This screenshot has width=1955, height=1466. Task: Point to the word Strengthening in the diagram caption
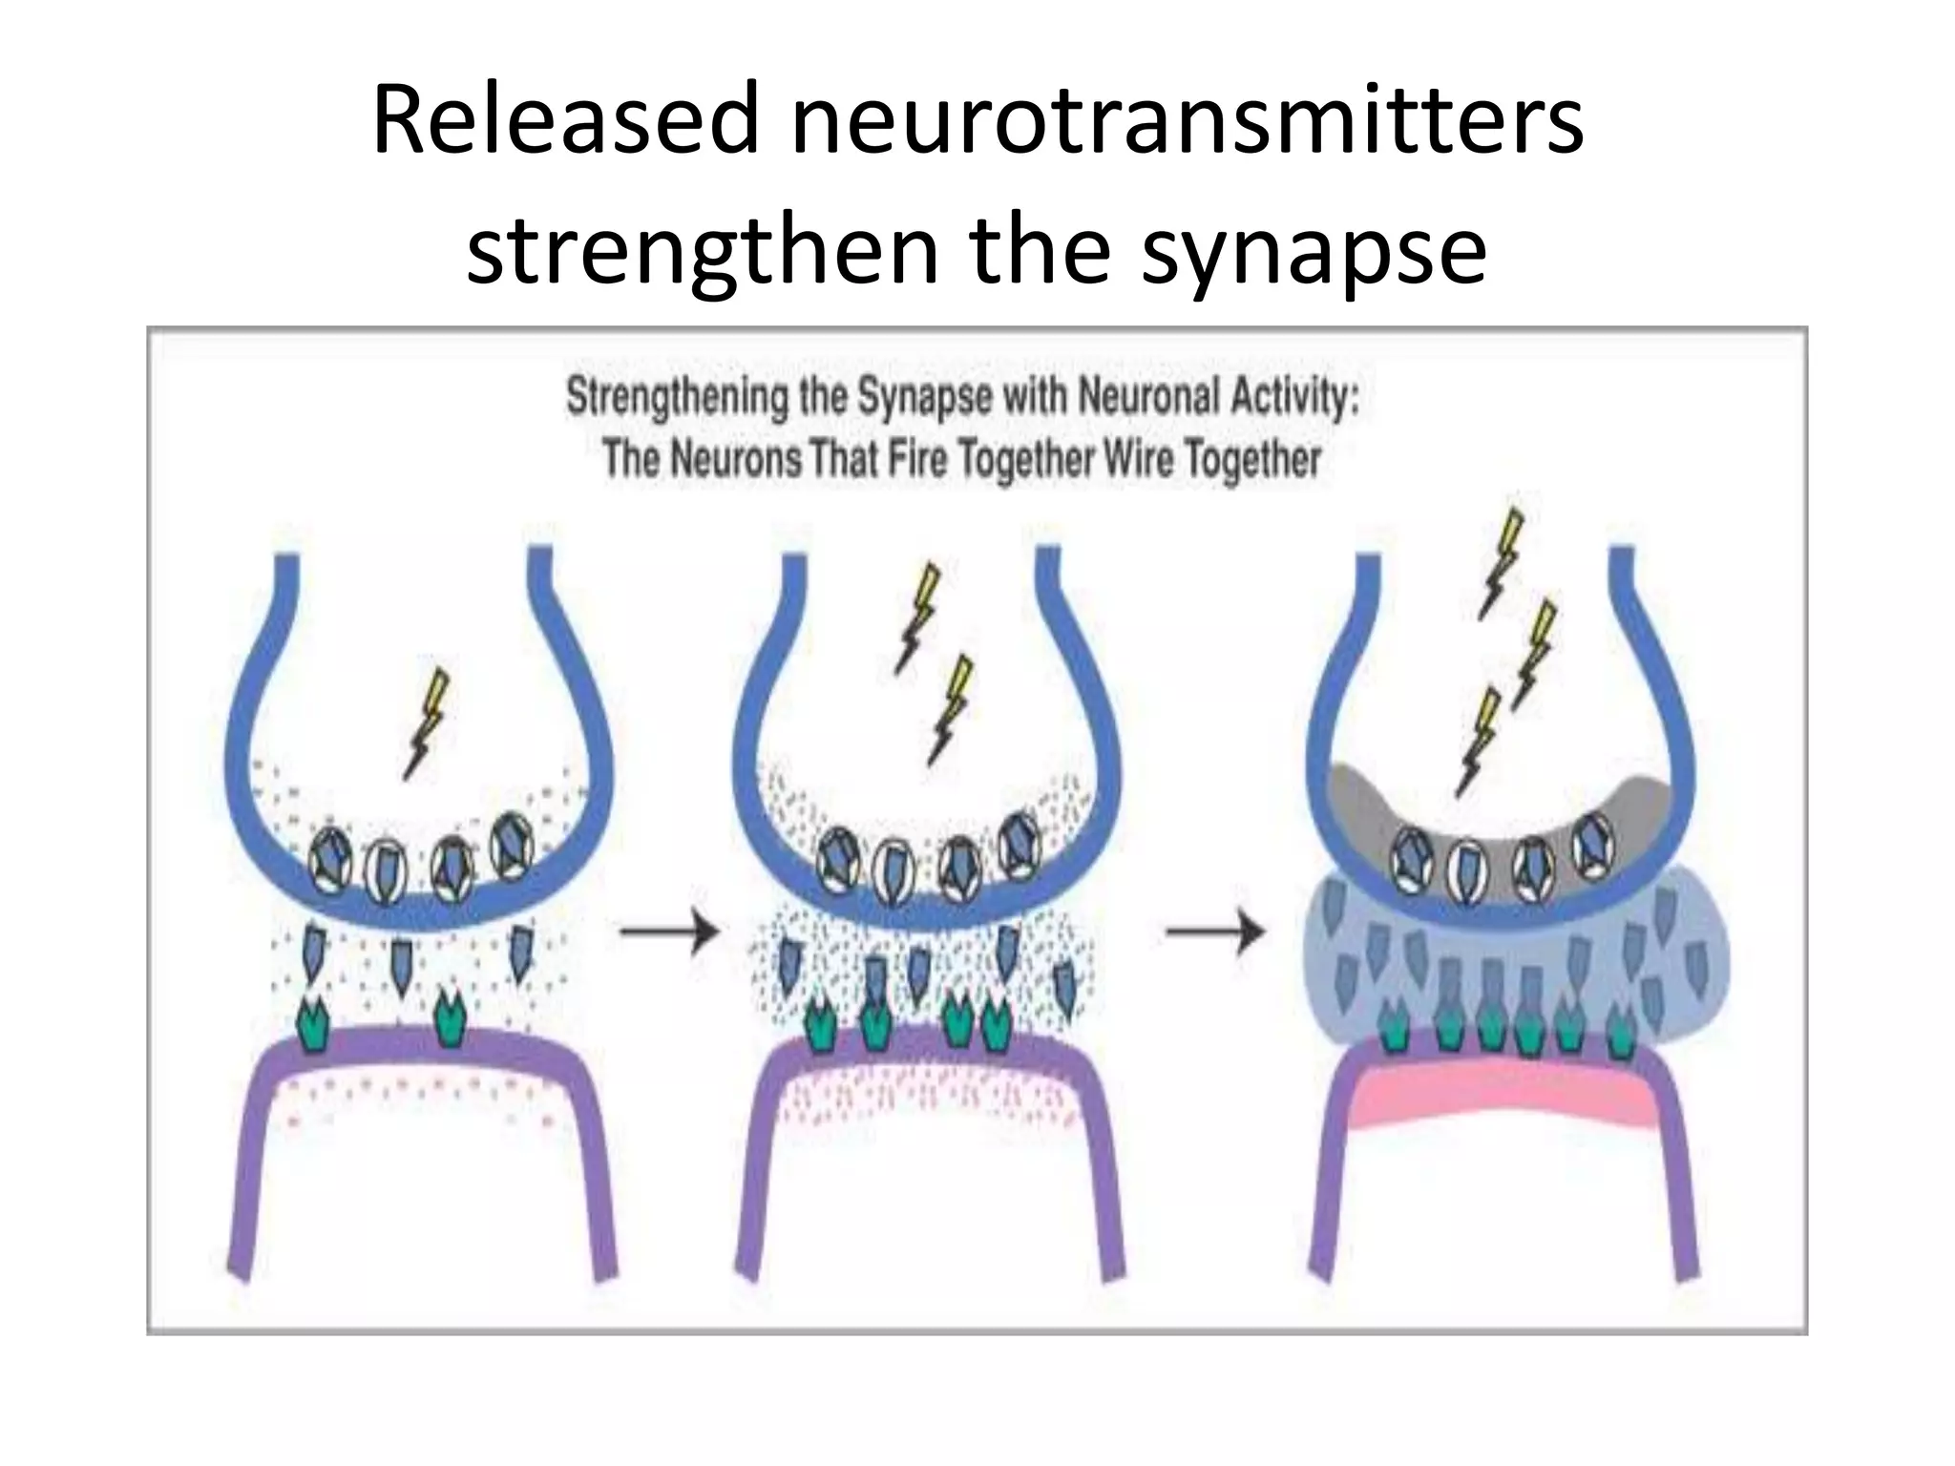[x=678, y=398]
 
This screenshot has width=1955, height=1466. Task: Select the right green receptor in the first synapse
[x=449, y=1018]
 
